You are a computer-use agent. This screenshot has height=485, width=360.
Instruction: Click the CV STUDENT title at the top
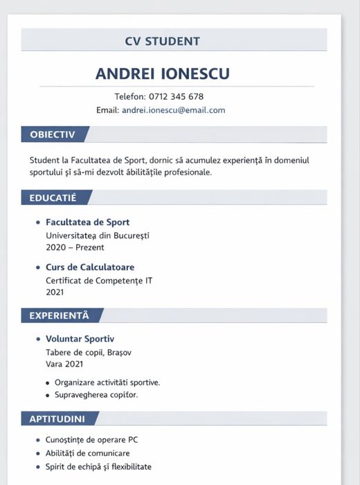(162, 42)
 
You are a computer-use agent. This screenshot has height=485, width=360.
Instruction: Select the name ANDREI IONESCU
(162, 73)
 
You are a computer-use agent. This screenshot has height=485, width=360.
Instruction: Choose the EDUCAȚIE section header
(53, 198)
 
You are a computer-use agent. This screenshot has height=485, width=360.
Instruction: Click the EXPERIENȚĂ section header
(59, 316)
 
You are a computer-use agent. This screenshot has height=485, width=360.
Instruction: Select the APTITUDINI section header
(57, 419)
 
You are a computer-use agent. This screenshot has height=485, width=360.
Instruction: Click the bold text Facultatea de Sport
(87, 222)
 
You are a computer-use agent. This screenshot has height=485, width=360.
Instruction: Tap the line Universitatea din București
(97, 236)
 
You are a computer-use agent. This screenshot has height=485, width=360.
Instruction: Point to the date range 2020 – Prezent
(75, 247)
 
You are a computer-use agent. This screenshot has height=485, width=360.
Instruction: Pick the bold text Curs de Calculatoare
(90, 267)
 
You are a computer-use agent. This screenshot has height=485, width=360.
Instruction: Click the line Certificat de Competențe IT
(99, 281)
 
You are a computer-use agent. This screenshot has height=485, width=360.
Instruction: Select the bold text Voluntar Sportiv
(80, 339)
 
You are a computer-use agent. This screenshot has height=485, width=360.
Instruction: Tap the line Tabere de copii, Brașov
(89, 352)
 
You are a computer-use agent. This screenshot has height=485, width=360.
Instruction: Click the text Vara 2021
(64, 364)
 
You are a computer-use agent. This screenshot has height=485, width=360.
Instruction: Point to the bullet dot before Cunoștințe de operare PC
(37, 441)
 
